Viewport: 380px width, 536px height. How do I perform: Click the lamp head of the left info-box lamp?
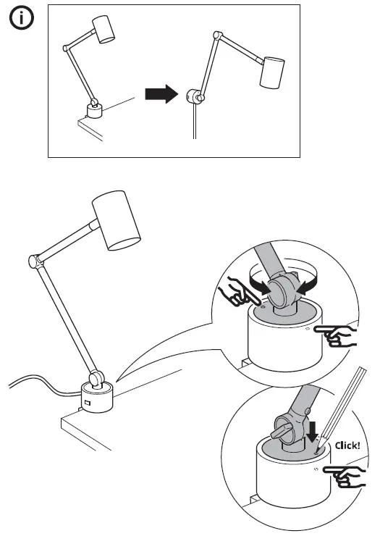point(107,30)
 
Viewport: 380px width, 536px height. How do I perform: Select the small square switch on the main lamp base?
point(86,403)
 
